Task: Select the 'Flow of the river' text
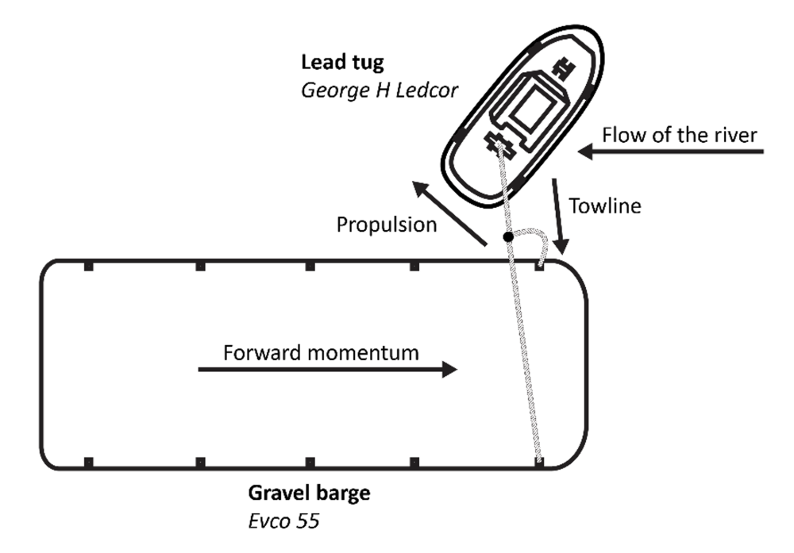pyautogui.click(x=680, y=133)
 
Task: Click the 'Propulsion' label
pyautogui.click(x=387, y=225)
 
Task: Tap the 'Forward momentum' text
pyautogui.click(x=321, y=354)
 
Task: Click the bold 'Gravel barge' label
pyautogui.click(x=310, y=493)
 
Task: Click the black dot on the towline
pyautogui.click(x=508, y=238)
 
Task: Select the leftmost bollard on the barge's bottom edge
pyautogui.click(x=89, y=462)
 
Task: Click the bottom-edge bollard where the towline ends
pyautogui.click(x=540, y=462)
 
